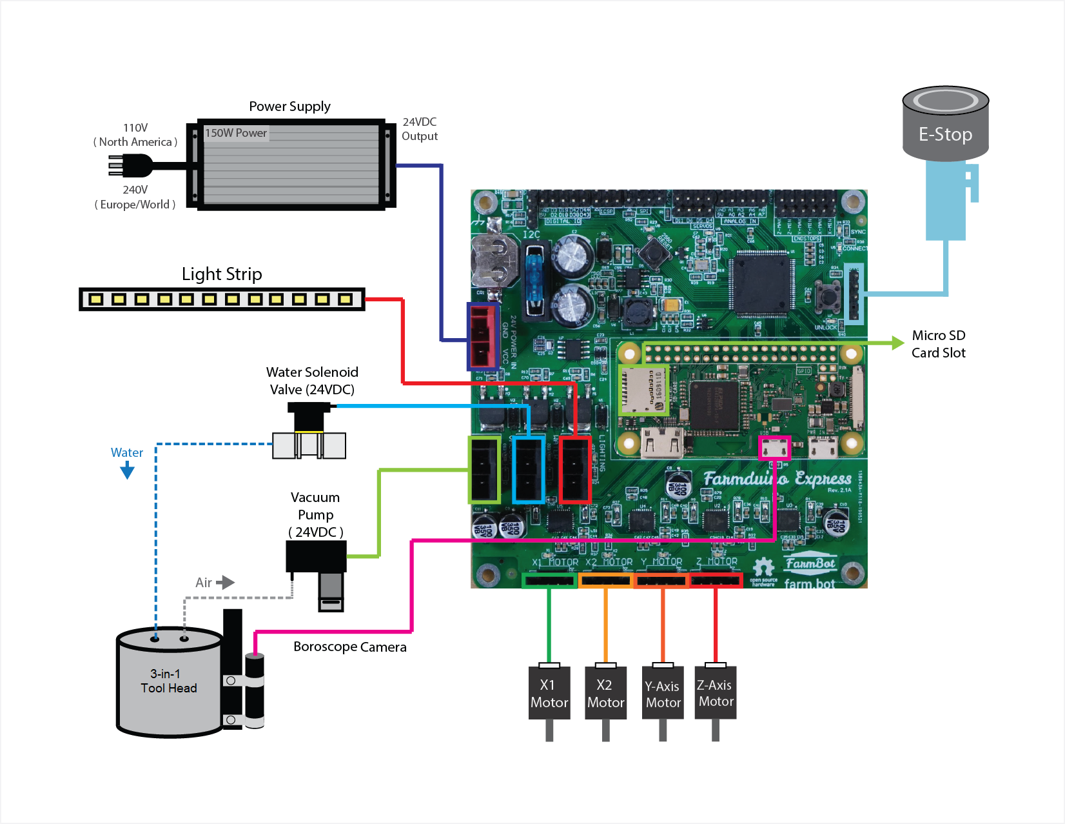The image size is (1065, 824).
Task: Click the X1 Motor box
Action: tap(549, 694)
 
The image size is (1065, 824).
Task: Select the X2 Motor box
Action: tap(605, 694)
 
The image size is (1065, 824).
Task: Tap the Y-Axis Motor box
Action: tap(663, 694)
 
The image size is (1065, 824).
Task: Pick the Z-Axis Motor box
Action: tap(716, 693)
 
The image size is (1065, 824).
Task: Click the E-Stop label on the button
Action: tap(945, 134)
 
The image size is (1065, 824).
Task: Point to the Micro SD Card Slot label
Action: tap(938, 344)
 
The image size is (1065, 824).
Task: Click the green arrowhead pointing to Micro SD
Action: tap(897, 343)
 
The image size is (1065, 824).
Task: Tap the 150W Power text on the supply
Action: tap(236, 133)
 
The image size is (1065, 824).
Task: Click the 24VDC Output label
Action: tap(420, 129)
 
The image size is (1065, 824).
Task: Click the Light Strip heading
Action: tap(222, 274)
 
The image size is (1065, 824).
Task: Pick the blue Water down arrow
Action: tap(127, 471)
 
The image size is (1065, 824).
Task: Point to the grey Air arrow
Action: tap(225, 583)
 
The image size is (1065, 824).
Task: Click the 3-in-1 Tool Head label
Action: tap(168, 681)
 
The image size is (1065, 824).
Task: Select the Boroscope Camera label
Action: tap(349, 647)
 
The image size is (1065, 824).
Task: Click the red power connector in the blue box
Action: tap(483, 336)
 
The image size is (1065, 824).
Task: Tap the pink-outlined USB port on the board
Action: tap(774, 447)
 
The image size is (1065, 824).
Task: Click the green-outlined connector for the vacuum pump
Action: tap(484, 470)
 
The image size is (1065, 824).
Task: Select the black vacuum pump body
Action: tap(316, 556)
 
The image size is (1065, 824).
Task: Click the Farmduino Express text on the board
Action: tap(777, 478)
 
